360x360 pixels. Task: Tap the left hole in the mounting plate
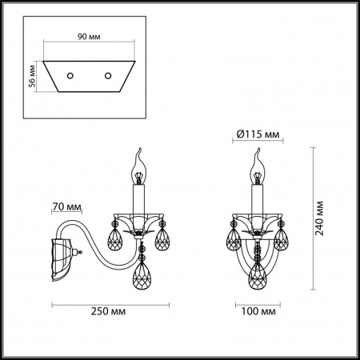tap(70, 74)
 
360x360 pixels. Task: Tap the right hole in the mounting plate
tap(107, 74)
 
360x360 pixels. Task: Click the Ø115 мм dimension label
tap(258, 134)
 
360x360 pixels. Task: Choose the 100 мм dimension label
tap(257, 310)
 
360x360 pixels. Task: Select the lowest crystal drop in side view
tap(141, 277)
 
